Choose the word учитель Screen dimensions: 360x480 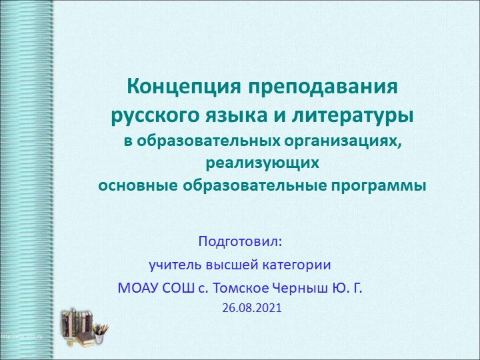[x=173, y=265]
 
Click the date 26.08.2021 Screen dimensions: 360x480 [x=252, y=309]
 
